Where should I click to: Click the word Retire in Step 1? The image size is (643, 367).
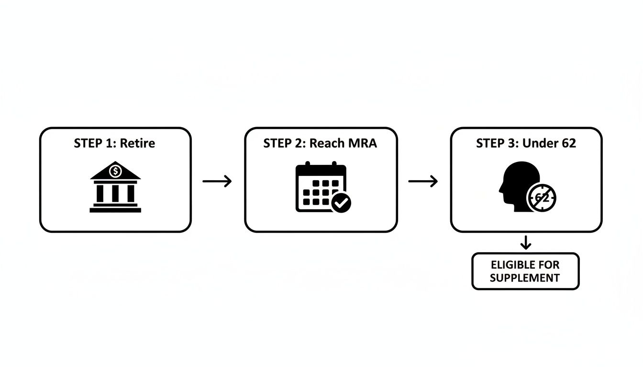pos(137,143)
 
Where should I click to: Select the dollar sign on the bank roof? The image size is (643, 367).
pos(115,170)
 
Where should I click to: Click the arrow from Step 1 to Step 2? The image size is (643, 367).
pos(217,181)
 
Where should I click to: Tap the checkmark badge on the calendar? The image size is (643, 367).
pos(341,203)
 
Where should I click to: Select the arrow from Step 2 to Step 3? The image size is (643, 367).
pos(423,181)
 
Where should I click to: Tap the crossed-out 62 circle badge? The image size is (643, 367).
pos(542,198)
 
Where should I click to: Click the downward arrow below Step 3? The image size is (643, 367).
pos(526,243)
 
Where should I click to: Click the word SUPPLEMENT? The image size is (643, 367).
pos(525,278)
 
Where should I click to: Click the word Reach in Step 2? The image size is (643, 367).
pos(325,143)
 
